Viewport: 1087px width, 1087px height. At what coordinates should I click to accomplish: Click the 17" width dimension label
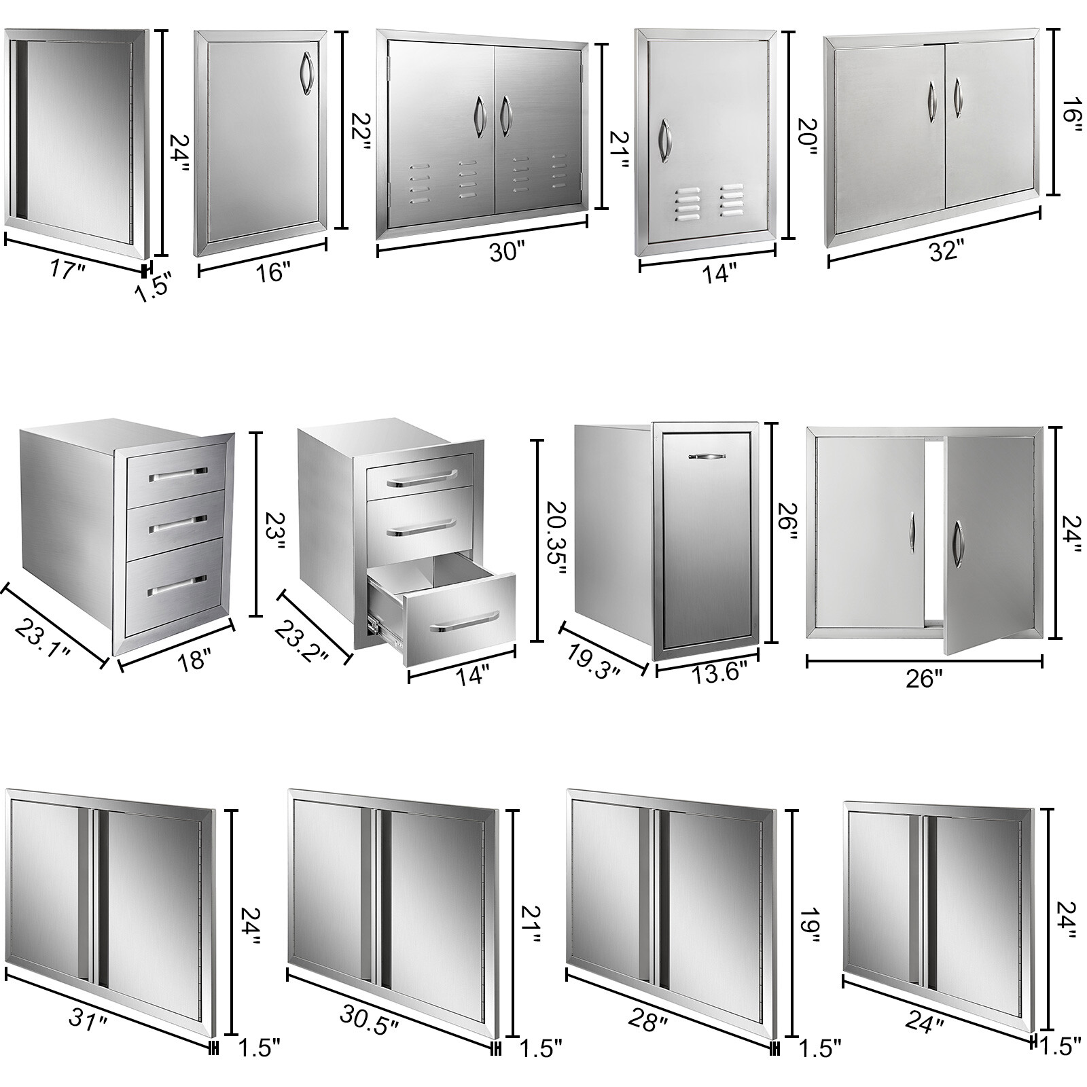(x=68, y=270)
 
